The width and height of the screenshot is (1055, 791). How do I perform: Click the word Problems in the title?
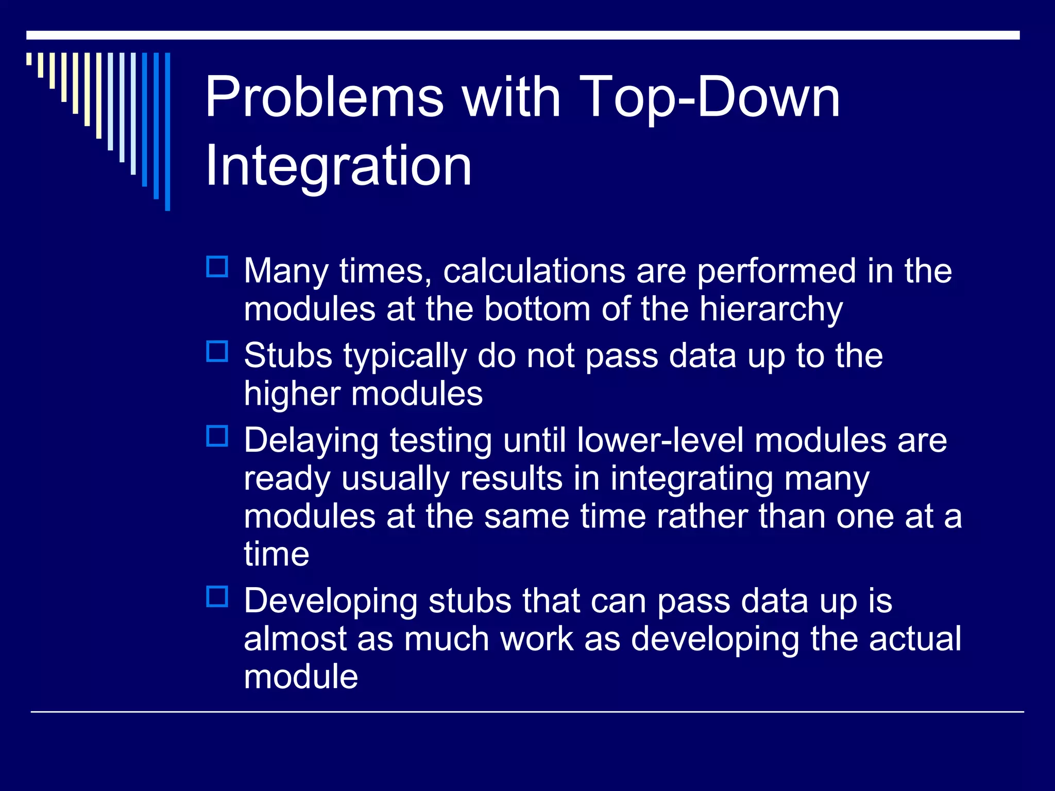pyautogui.click(x=324, y=98)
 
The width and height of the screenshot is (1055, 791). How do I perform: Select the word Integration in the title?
pyautogui.click(x=338, y=166)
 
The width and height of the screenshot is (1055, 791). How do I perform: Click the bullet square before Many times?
pyautogui.click(x=217, y=267)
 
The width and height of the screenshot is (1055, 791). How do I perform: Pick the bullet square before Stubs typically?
pyautogui.click(x=217, y=351)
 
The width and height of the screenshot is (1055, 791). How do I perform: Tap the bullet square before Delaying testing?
pyautogui.click(x=217, y=436)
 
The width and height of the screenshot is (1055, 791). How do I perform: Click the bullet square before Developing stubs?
pyautogui.click(x=217, y=596)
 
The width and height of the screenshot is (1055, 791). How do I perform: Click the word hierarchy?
pyautogui.click(x=771, y=310)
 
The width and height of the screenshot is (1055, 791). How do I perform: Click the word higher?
pyautogui.click(x=292, y=394)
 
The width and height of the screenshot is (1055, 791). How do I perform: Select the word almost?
pyautogui.click(x=295, y=639)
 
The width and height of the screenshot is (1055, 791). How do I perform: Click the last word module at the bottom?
pyautogui.click(x=301, y=677)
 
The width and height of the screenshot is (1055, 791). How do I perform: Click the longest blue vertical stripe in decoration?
pyautogui.click(x=167, y=131)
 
